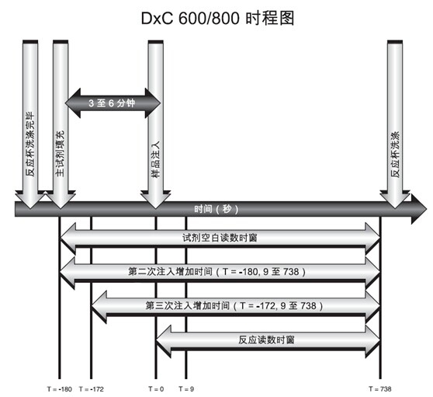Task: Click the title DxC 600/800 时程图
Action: [x=217, y=18]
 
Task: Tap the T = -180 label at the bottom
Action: [x=60, y=389]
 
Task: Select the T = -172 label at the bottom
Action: [x=91, y=389]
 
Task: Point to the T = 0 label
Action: [x=156, y=389]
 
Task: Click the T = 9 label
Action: [x=186, y=389]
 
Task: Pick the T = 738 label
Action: [x=380, y=389]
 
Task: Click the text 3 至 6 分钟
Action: [x=112, y=103]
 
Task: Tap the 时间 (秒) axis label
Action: [x=216, y=209]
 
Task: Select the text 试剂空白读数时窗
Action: [x=220, y=238]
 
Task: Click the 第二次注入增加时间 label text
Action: [x=170, y=271]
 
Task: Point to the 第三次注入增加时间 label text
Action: [x=188, y=305]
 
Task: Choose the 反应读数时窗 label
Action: [x=266, y=340]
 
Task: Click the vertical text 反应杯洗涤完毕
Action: [x=30, y=144]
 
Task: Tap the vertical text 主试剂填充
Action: [x=60, y=153]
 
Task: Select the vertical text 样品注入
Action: [x=156, y=159]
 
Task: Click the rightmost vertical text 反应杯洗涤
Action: [x=395, y=155]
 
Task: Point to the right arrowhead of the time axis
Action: [x=419, y=209]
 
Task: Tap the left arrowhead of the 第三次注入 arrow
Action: [x=99, y=307]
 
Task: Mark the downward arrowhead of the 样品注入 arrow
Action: [x=156, y=200]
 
